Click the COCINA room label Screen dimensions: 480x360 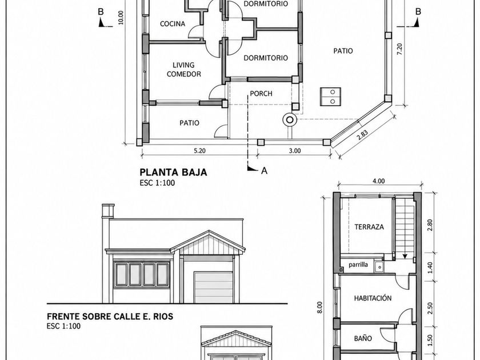coord(173,24)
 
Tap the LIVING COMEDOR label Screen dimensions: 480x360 coord(183,70)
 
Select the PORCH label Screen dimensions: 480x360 coord(261,94)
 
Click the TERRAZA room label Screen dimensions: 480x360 coord(369,227)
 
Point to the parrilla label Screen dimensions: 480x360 coord(358,265)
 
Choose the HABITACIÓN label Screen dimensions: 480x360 coord(373,298)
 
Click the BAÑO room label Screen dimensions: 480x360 coord(363,338)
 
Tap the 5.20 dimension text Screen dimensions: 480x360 coord(199,151)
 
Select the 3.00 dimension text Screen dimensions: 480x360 coord(295,151)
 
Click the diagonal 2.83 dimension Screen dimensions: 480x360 coord(362,135)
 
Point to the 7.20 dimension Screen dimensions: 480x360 coord(399,49)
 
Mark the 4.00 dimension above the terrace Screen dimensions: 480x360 coord(379,181)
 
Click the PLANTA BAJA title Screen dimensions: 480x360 coord(173,172)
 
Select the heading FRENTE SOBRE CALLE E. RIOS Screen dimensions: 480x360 coord(110,316)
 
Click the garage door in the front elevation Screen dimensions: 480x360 coord(213,287)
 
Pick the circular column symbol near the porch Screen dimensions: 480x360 coord(290,119)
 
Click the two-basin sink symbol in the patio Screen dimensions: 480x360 coord(331,97)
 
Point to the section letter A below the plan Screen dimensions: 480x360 coord(264,170)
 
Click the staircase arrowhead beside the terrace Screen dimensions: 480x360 coord(405,256)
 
